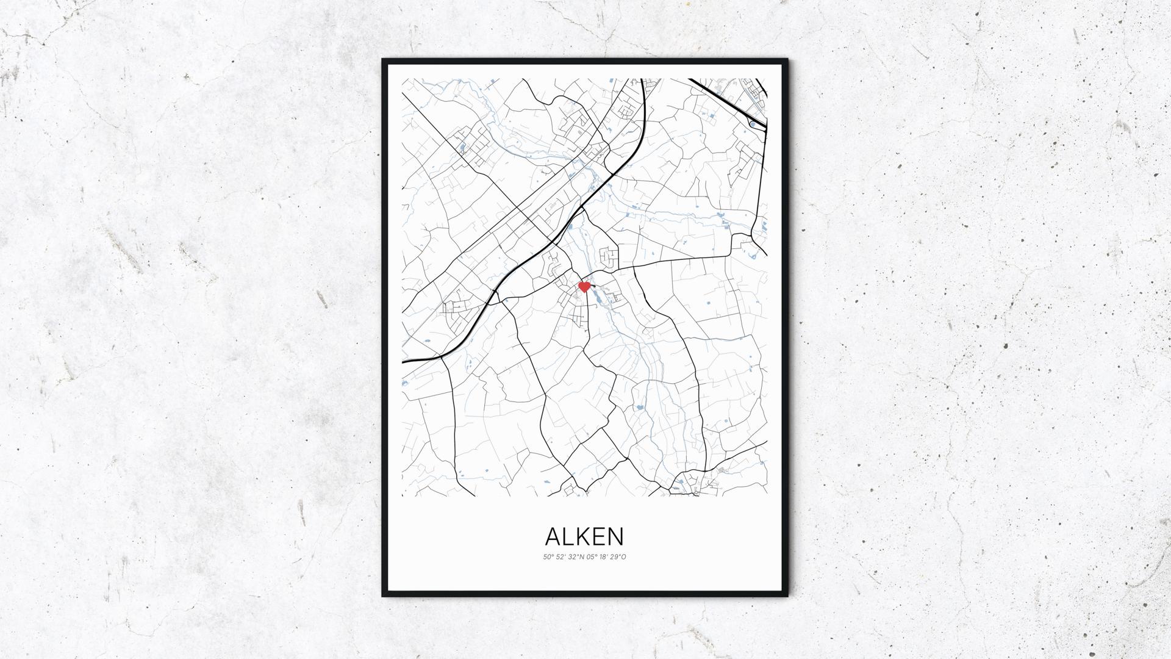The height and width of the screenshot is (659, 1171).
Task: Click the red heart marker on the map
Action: (584, 286)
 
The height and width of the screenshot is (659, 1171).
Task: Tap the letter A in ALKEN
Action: (553, 536)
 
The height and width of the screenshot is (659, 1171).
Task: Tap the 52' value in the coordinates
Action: (562, 556)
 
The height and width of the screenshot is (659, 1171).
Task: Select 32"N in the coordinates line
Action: (576, 556)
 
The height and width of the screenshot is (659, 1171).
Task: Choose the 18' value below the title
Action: (605, 556)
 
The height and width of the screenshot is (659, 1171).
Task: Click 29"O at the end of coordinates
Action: (619, 556)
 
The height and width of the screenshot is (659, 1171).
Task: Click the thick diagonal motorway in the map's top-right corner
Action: (726, 98)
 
